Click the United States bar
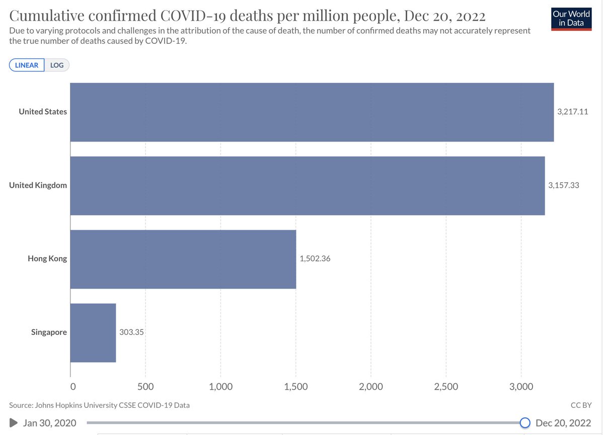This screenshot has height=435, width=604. pyautogui.click(x=312, y=112)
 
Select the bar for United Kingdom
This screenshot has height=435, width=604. pyautogui.click(x=307, y=185)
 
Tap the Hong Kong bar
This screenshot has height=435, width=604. pyautogui.click(x=183, y=259)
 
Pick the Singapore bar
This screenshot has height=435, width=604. pyautogui.click(x=93, y=332)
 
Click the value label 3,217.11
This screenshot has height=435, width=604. pyautogui.click(x=572, y=112)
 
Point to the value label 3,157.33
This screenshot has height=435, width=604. pyautogui.click(x=563, y=185)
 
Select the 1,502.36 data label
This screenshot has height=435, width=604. pyautogui.click(x=315, y=259)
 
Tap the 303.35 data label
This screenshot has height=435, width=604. pyautogui.click(x=132, y=332)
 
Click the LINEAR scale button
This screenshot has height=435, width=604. pyautogui.click(x=27, y=65)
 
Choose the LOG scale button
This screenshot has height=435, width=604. pyautogui.click(x=57, y=65)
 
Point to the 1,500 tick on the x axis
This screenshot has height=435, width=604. pyautogui.click(x=295, y=387)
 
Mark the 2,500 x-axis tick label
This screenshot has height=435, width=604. pyautogui.click(x=446, y=387)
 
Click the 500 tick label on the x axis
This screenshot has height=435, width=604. pyautogui.click(x=145, y=387)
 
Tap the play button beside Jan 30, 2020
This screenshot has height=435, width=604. pyautogui.click(x=14, y=423)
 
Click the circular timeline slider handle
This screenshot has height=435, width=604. pyautogui.click(x=525, y=422)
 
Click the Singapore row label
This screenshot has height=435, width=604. pyautogui.click(x=49, y=332)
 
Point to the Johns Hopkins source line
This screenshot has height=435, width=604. pyautogui.click(x=99, y=405)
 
